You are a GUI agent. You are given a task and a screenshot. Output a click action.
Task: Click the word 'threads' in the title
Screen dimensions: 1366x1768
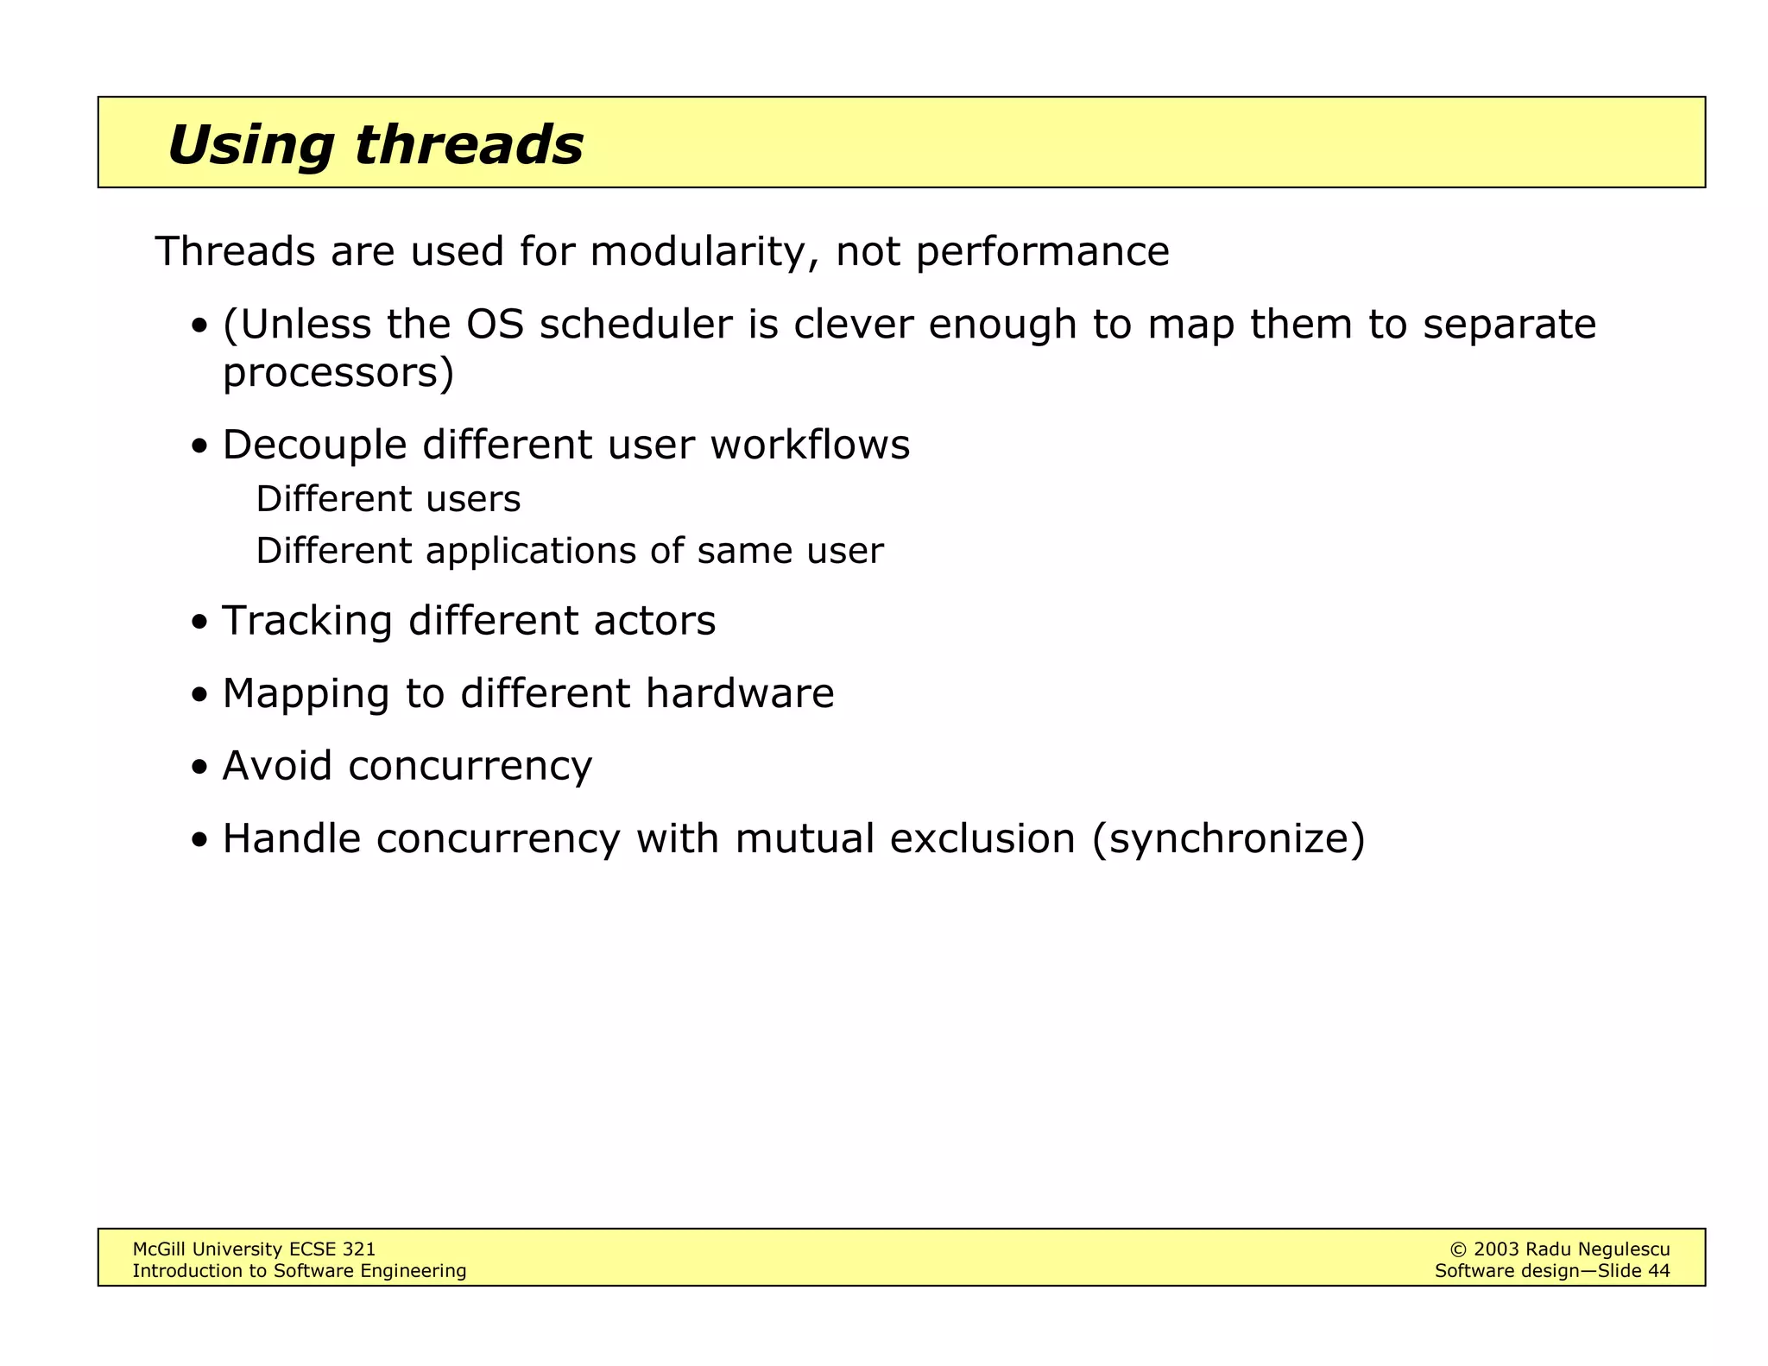coord(468,144)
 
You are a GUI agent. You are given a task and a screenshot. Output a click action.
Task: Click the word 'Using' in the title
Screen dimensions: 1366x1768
coord(250,144)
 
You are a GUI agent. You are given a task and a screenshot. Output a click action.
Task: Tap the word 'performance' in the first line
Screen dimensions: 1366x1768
coord(1042,252)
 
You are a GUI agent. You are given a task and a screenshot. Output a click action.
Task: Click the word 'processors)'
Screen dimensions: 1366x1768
coord(338,373)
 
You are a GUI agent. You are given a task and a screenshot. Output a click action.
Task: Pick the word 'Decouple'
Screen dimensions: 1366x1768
coord(314,446)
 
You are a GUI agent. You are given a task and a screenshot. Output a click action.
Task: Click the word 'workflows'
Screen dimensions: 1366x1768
coord(810,446)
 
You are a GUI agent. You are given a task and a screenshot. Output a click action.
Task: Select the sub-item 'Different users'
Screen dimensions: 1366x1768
coord(388,499)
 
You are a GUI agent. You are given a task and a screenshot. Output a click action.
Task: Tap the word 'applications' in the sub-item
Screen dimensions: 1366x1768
coord(531,551)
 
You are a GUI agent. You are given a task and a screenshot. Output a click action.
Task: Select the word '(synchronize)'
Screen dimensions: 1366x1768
coord(1228,839)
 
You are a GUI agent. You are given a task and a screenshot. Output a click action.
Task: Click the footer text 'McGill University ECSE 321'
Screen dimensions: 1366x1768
coord(254,1249)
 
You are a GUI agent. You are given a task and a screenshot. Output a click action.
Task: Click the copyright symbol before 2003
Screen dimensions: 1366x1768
coord(1458,1249)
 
